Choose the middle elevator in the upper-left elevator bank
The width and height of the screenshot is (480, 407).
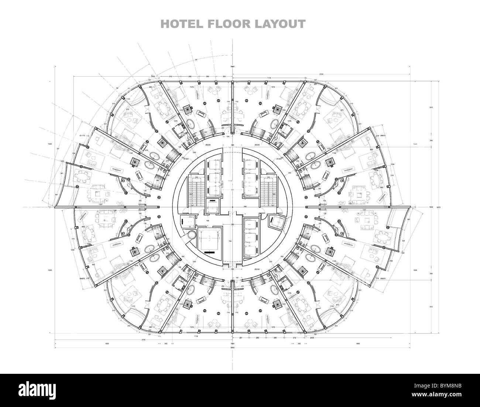tap(212, 176)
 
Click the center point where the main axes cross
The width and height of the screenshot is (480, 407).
tap(232, 207)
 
